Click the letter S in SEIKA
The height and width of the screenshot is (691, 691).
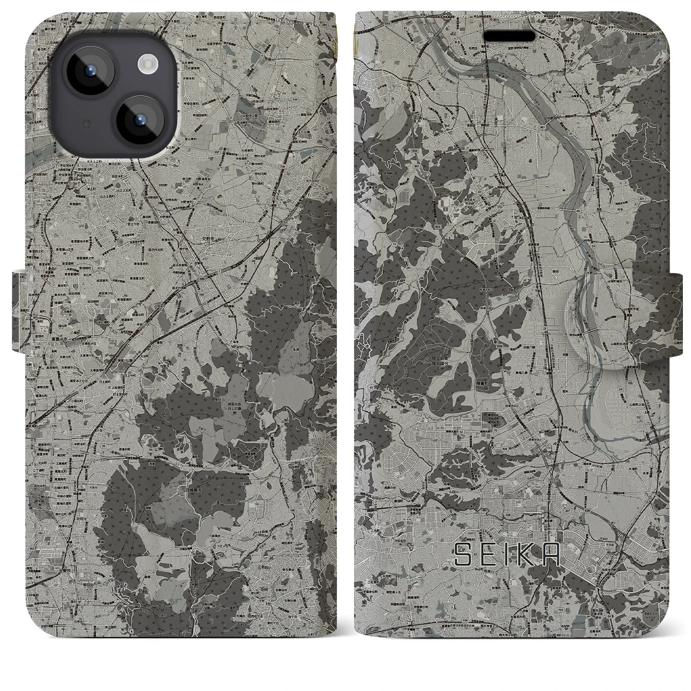click(x=464, y=554)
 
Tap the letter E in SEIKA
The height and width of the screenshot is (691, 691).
click(x=487, y=554)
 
